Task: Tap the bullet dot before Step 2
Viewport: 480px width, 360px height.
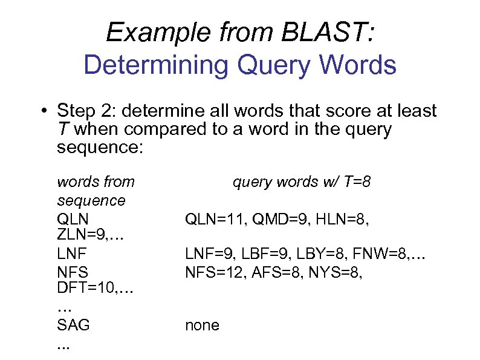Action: point(45,112)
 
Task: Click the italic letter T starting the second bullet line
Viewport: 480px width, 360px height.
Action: point(62,129)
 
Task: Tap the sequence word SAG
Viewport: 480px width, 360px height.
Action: point(73,326)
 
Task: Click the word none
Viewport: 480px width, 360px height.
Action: point(202,326)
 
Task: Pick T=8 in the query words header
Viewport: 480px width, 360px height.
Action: point(354,182)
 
